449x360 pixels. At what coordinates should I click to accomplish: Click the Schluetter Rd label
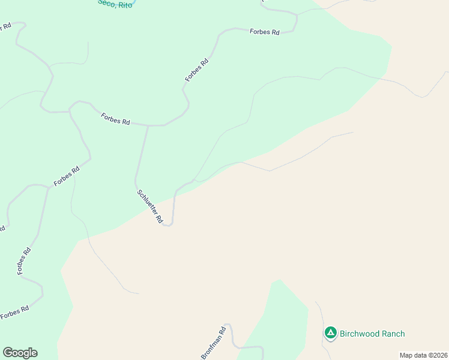click(150, 207)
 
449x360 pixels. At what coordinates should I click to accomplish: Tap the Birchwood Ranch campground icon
click(330, 333)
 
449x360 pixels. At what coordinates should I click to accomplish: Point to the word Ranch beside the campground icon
click(393, 334)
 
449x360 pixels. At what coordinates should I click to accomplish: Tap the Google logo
click(20, 353)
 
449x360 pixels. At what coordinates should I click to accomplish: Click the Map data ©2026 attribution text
click(423, 355)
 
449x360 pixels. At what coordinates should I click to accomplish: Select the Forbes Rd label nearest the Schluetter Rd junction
click(115, 119)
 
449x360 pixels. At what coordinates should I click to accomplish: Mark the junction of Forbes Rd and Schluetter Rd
click(148, 125)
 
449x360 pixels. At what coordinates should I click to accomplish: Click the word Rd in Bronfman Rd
click(222, 331)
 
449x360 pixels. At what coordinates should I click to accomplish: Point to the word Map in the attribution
click(406, 355)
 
